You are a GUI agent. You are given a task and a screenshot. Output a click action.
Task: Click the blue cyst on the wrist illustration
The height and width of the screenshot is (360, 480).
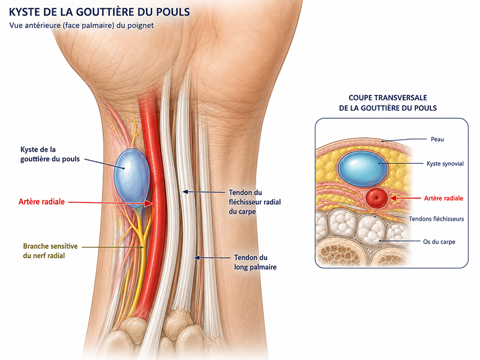(132, 176)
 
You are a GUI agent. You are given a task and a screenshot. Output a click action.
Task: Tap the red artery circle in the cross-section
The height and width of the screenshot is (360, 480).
(377, 198)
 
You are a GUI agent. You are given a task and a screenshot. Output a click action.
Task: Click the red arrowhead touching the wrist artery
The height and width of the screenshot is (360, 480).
(149, 203)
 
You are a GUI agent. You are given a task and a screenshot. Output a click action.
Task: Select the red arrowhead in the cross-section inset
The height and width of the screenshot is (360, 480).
(393, 198)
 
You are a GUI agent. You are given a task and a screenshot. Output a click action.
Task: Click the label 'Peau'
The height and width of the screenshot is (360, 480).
(437, 139)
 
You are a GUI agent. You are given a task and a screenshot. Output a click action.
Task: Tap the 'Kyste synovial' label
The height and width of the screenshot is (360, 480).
(445, 164)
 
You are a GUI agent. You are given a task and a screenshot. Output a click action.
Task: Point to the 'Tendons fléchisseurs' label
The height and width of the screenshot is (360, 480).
(436, 219)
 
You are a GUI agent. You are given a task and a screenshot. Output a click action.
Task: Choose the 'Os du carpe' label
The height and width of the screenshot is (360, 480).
(439, 242)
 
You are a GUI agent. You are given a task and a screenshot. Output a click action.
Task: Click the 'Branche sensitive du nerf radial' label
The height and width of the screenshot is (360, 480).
(50, 251)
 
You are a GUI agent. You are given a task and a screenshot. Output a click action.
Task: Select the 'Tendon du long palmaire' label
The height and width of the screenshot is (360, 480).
(256, 262)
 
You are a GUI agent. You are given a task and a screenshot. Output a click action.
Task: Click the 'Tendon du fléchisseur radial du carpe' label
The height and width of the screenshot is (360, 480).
(254, 202)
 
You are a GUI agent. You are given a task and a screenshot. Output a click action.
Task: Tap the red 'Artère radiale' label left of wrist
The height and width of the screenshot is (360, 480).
(41, 202)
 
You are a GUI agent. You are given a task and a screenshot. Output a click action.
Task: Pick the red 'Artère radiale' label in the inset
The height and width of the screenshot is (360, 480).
(443, 199)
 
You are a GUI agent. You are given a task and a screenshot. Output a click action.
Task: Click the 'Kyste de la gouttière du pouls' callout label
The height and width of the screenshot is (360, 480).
(50, 154)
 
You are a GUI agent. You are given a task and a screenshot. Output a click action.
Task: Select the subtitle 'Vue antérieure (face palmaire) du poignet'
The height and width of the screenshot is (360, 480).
(82, 25)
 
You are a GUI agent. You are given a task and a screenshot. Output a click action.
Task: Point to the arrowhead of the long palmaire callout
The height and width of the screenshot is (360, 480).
(197, 258)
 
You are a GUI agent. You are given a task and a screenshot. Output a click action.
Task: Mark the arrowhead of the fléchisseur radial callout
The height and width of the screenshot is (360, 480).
(185, 192)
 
